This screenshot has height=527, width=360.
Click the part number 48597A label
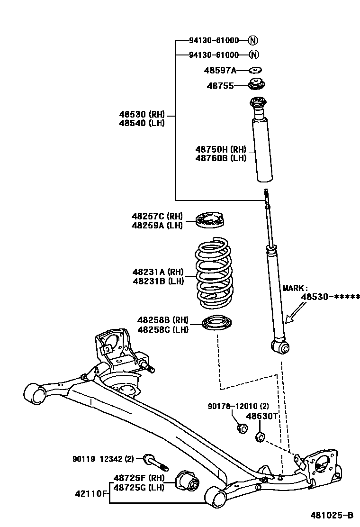[220, 71]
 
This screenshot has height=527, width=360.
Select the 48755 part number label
[220, 86]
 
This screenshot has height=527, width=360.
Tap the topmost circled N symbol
[253, 40]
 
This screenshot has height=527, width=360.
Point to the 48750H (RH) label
[221, 150]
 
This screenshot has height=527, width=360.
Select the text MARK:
[295, 288]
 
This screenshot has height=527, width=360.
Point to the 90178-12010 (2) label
[238, 406]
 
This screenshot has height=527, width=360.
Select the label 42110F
[91, 493]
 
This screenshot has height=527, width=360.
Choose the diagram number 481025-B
[332, 515]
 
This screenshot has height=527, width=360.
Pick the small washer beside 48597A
[256, 71]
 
